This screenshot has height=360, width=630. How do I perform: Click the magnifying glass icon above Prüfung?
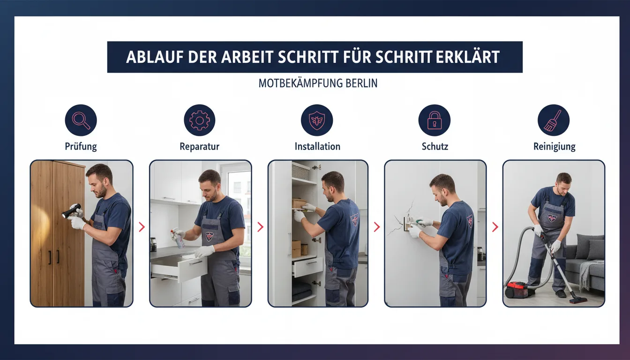[81, 120]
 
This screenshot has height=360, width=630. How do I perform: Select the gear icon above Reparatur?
[199, 120]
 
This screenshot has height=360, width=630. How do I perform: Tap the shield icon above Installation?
[317, 120]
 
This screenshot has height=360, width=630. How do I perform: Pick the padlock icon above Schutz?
[435, 120]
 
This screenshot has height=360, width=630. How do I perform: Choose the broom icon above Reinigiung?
[554, 120]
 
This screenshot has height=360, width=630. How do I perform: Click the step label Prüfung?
[81, 147]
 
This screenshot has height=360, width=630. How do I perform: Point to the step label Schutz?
[435, 146]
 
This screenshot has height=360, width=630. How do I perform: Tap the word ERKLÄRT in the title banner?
[468, 57]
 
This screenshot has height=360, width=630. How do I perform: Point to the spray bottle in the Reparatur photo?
[178, 238]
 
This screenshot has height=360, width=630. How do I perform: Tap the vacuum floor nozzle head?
[578, 300]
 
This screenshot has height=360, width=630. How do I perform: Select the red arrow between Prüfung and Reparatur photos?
[142, 227]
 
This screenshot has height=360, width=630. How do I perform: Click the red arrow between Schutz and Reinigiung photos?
[495, 227]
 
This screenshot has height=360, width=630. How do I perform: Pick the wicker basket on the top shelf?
[300, 171]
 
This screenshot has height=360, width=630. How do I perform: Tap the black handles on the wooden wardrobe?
[54, 257]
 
